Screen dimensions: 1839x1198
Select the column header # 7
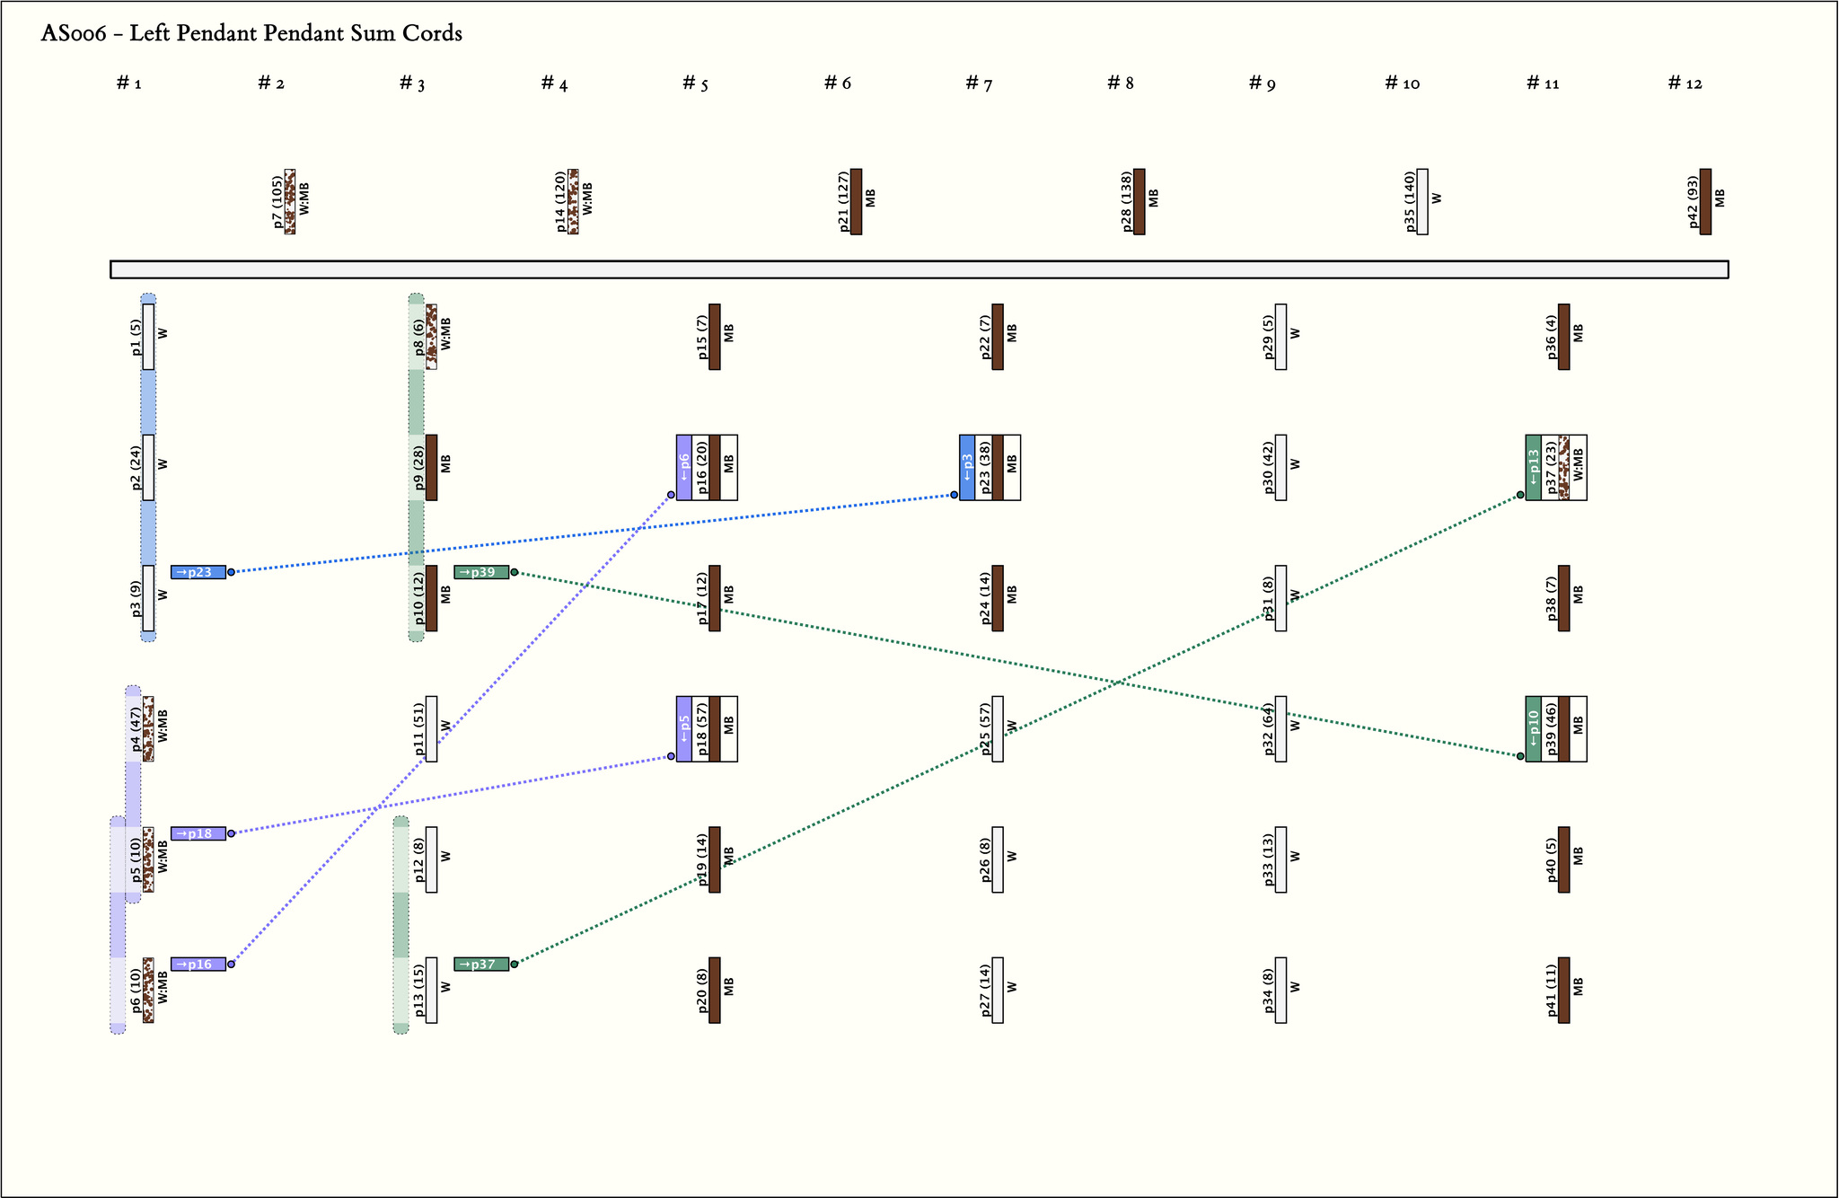979,84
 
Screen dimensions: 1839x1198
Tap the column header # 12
1685,84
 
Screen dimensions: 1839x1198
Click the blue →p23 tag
198,572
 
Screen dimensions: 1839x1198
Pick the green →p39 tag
481,572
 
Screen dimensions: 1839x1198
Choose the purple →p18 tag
198,833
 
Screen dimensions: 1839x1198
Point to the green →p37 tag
481,965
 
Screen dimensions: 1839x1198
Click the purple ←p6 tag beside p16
684,467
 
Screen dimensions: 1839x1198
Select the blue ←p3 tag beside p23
967,467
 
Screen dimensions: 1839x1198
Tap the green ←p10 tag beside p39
1534,728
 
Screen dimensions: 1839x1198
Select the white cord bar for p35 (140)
1422,201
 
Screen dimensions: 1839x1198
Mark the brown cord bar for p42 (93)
1705,201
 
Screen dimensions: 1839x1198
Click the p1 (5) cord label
136,337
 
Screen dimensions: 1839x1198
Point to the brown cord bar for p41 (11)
1564,990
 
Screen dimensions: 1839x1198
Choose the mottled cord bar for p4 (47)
148,728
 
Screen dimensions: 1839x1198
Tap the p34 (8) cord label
1269,990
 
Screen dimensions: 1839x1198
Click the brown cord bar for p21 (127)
856,201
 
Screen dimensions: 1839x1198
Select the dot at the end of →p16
231,965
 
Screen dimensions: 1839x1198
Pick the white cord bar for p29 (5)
1280,337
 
